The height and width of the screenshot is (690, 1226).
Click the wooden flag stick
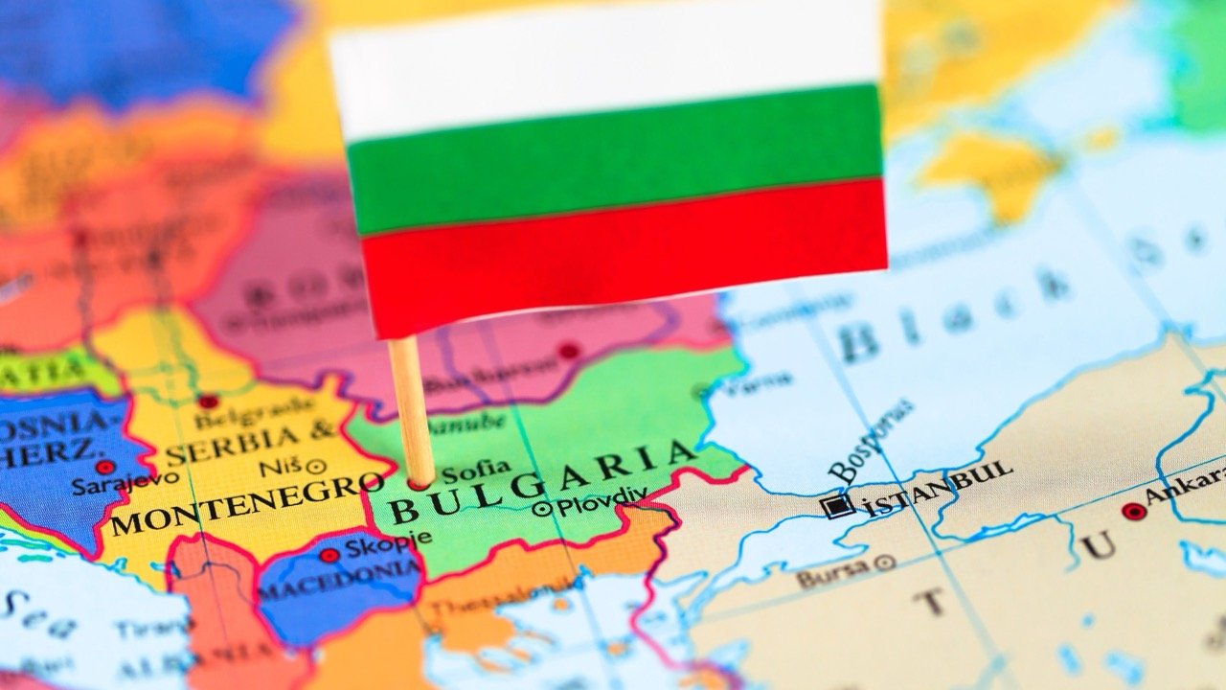(x=411, y=402)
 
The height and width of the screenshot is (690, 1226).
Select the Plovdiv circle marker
(x=543, y=509)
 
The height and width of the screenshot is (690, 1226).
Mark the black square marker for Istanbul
(x=838, y=506)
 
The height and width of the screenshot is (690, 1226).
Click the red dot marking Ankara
(x=1134, y=512)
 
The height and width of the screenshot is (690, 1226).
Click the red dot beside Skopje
(x=329, y=555)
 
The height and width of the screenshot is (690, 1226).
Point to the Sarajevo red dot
(x=105, y=467)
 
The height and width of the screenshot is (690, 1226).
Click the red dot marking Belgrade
(x=208, y=402)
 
